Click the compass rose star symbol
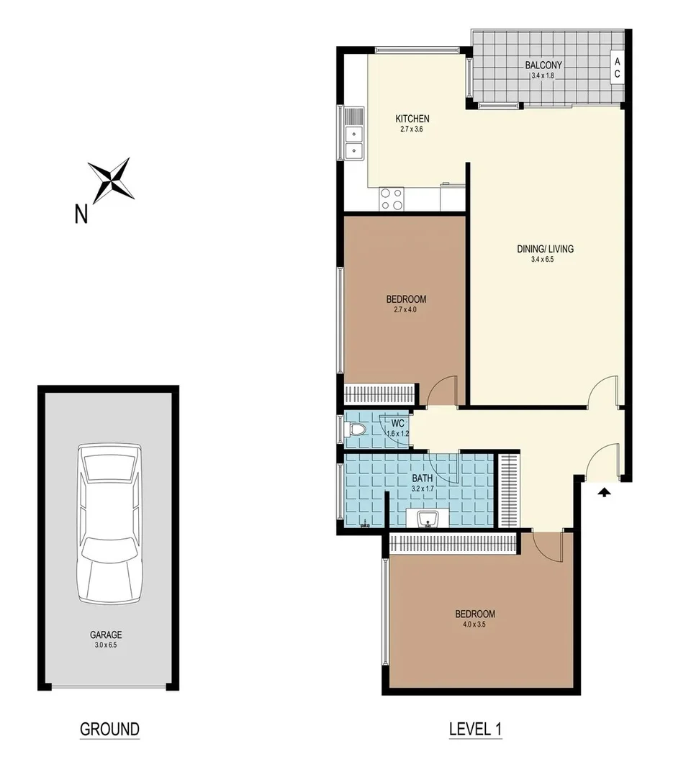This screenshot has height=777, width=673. pyautogui.click(x=112, y=178)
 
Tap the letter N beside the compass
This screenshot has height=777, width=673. pyautogui.click(x=82, y=214)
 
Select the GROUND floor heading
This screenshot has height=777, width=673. pyautogui.click(x=109, y=729)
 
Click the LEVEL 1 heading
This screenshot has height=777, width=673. pyautogui.click(x=475, y=729)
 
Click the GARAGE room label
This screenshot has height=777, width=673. pyautogui.click(x=106, y=635)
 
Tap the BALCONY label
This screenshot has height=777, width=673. pyautogui.click(x=543, y=65)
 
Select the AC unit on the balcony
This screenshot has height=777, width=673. pyautogui.click(x=617, y=68)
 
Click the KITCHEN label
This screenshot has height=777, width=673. pyautogui.click(x=412, y=119)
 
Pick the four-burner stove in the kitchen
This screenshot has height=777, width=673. pyautogui.click(x=392, y=199)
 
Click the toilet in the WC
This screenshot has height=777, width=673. pyautogui.click(x=356, y=430)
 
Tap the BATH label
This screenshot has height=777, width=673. pyautogui.click(x=422, y=477)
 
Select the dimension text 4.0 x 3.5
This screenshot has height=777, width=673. pyautogui.click(x=475, y=624)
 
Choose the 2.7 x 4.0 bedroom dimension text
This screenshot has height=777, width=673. pyautogui.click(x=406, y=310)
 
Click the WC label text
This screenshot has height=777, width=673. pyautogui.click(x=397, y=423)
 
